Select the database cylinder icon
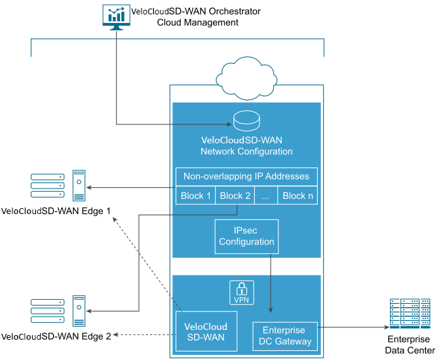pyautogui.click(x=246, y=121)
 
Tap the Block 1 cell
pyautogui.click(x=195, y=196)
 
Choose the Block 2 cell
pyautogui.click(x=235, y=196)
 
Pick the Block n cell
pyautogui.click(x=297, y=196)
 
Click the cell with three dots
pyautogui.click(x=265, y=196)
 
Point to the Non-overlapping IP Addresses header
pyautogui.click(x=246, y=177)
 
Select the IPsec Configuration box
pyautogui.click(x=246, y=236)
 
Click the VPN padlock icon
pyautogui.click(x=241, y=293)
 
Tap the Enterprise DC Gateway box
pyautogui.click(x=284, y=336)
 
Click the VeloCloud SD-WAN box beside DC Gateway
pyautogui.click(x=206, y=332)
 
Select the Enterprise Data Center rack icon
pyautogui.click(x=410, y=314)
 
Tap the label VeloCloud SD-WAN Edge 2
pyautogui.click(x=56, y=336)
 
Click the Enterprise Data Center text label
pyautogui.click(x=409, y=345)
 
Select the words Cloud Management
pyautogui.click(x=197, y=22)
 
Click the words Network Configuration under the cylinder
pyautogui.click(x=246, y=152)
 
